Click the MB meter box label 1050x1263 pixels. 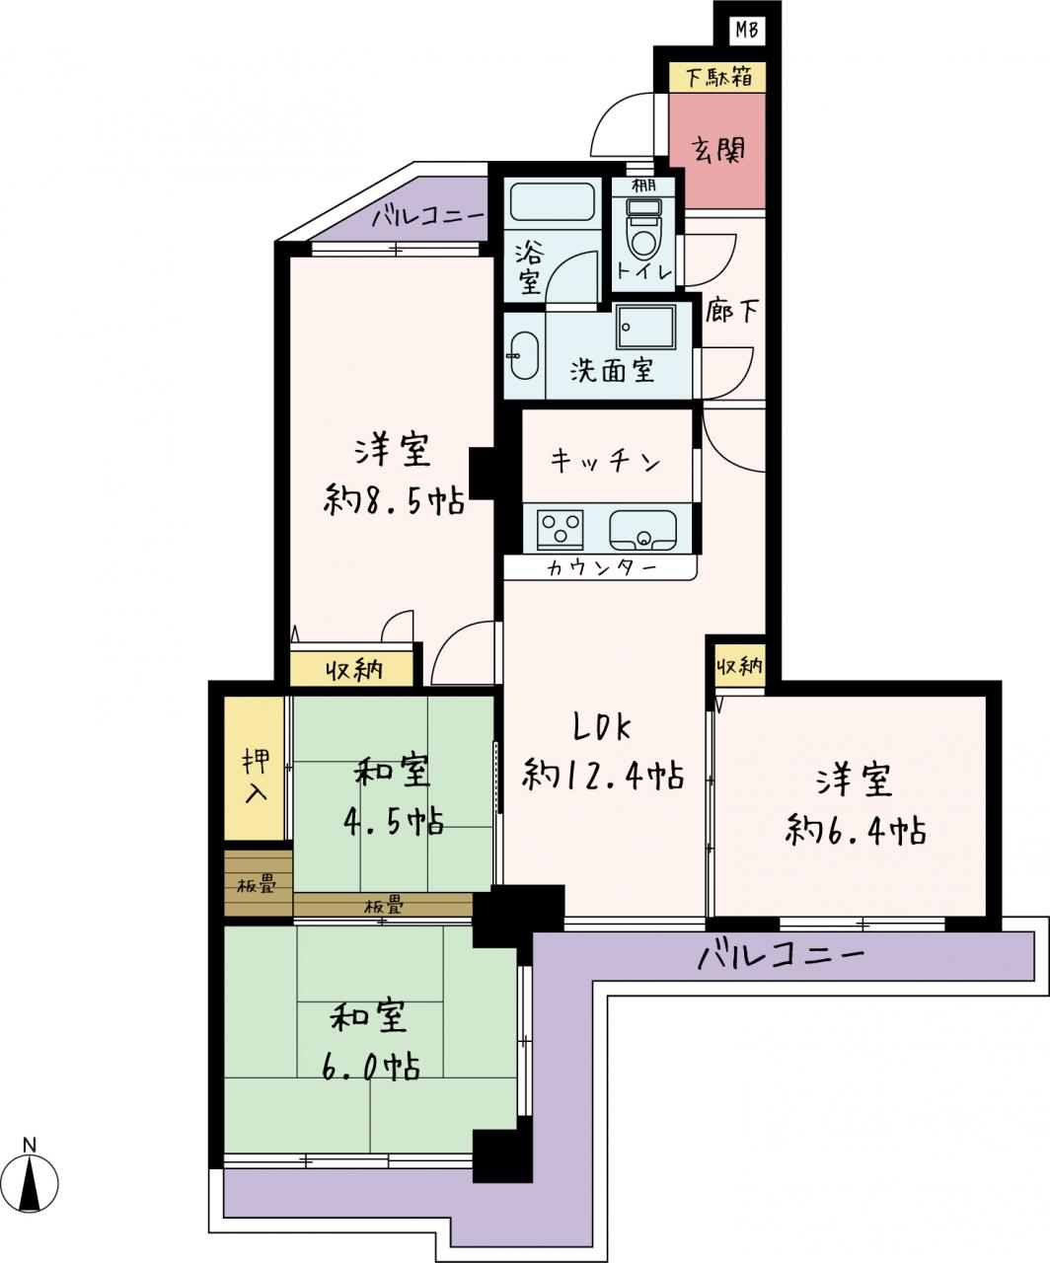click(747, 30)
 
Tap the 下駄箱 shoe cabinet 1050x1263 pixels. click(717, 77)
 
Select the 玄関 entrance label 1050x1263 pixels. click(718, 151)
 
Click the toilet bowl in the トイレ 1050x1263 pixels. click(644, 231)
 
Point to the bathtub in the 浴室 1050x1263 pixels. click(552, 202)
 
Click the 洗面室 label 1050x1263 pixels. click(612, 370)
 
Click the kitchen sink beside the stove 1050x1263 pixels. click(643, 529)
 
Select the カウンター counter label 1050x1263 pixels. click(602, 568)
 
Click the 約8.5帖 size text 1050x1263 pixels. click(394, 499)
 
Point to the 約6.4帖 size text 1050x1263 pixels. click(855, 831)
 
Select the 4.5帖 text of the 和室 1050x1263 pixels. click(394, 821)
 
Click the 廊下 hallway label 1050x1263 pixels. click(732, 311)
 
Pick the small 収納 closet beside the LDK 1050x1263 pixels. click(740, 668)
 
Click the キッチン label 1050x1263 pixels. click(606, 463)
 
